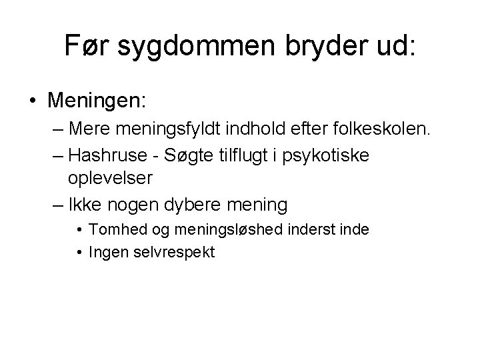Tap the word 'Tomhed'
[x=117, y=230]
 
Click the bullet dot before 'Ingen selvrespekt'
[x=79, y=253]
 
